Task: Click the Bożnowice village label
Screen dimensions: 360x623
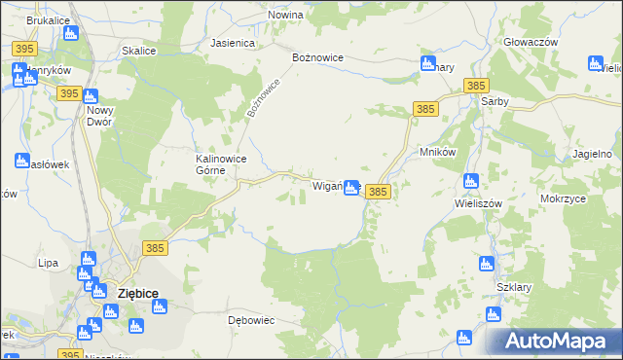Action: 318,57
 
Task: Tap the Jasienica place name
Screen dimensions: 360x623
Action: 233,44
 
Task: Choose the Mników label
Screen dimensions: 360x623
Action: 438,153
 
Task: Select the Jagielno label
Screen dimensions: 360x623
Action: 593,155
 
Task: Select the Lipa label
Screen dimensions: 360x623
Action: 48,263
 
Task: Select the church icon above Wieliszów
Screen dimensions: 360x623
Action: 471,181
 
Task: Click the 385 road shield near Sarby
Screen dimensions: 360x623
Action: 476,86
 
